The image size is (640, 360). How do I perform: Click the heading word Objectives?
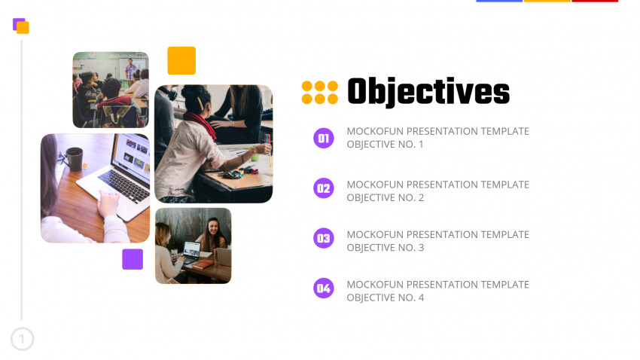[x=428, y=92]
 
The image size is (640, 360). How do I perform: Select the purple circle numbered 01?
[x=324, y=138]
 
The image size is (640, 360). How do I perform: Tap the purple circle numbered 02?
[x=324, y=188]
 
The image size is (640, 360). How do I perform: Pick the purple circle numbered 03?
[x=324, y=238]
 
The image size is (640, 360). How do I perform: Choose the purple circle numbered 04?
[x=324, y=288]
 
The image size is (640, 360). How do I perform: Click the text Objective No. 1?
[x=385, y=145]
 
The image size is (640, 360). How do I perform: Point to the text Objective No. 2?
[x=386, y=197]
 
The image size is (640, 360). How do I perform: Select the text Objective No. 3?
[x=386, y=248]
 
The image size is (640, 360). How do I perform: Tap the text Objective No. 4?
[x=386, y=297]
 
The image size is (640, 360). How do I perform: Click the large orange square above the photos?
[x=181, y=60]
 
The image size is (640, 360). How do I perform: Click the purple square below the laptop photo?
[x=133, y=259]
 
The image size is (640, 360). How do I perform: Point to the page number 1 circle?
[x=22, y=339]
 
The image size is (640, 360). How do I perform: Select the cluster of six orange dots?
[x=319, y=92]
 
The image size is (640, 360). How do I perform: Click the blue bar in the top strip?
[x=499, y=1]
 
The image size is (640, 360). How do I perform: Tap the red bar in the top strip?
[x=595, y=1]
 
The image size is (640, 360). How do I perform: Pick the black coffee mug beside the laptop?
[x=74, y=159]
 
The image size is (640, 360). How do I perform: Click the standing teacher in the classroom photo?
[x=130, y=72]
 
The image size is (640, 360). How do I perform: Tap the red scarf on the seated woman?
[x=200, y=124]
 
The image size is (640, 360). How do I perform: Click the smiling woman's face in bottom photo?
[x=213, y=227]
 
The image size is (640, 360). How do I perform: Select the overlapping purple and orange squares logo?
[x=21, y=26]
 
